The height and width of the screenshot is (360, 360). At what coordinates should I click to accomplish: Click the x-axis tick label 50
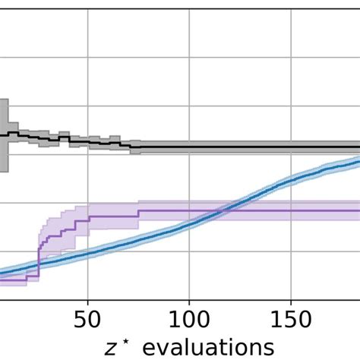(x=88, y=316)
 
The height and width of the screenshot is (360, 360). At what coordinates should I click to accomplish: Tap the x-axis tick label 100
(x=188, y=316)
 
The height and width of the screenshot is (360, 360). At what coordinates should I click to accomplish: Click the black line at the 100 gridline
(x=188, y=146)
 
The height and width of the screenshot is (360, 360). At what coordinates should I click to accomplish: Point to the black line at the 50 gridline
(x=88, y=141)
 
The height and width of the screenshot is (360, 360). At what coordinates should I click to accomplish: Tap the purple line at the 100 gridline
(x=188, y=210)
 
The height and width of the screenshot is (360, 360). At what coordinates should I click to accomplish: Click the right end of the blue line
(x=358, y=159)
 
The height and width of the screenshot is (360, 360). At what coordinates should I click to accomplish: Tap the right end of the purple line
(x=358, y=210)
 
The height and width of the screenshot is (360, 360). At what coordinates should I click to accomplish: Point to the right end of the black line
(x=358, y=146)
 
